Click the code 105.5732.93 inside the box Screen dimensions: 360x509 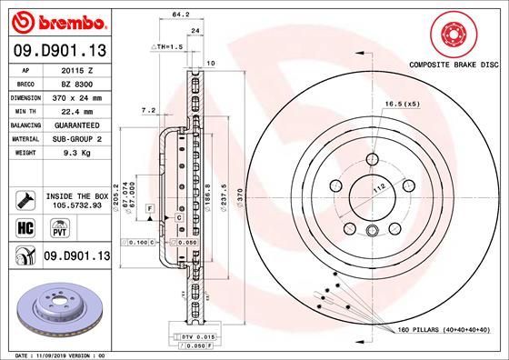click(77, 206)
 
